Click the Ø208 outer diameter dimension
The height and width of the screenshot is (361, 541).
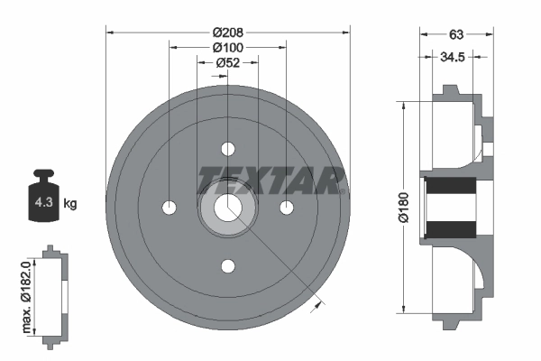(x=228, y=32)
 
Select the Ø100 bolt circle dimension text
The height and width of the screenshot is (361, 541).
(x=228, y=47)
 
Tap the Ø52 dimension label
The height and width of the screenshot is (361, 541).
(x=228, y=62)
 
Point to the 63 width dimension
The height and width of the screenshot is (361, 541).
(x=456, y=34)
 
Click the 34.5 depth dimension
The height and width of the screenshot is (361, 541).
(x=453, y=57)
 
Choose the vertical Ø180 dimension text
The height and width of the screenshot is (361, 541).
(x=403, y=208)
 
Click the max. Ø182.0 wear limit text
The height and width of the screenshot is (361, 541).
(x=27, y=297)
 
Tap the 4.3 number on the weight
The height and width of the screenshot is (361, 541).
(x=44, y=202)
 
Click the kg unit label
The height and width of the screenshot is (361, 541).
(x=70, y=203)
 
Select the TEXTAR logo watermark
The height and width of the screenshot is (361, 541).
(x=270, y=180)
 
